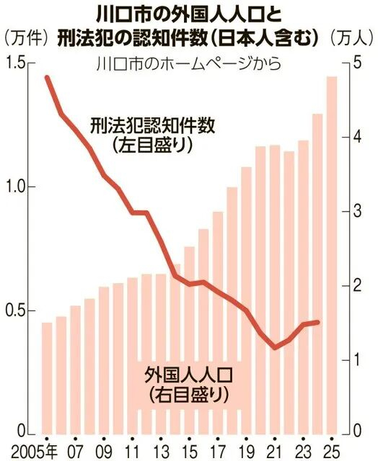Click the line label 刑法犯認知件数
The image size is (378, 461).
(x=154, y=125)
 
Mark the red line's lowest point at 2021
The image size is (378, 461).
(x=275, y=348)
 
